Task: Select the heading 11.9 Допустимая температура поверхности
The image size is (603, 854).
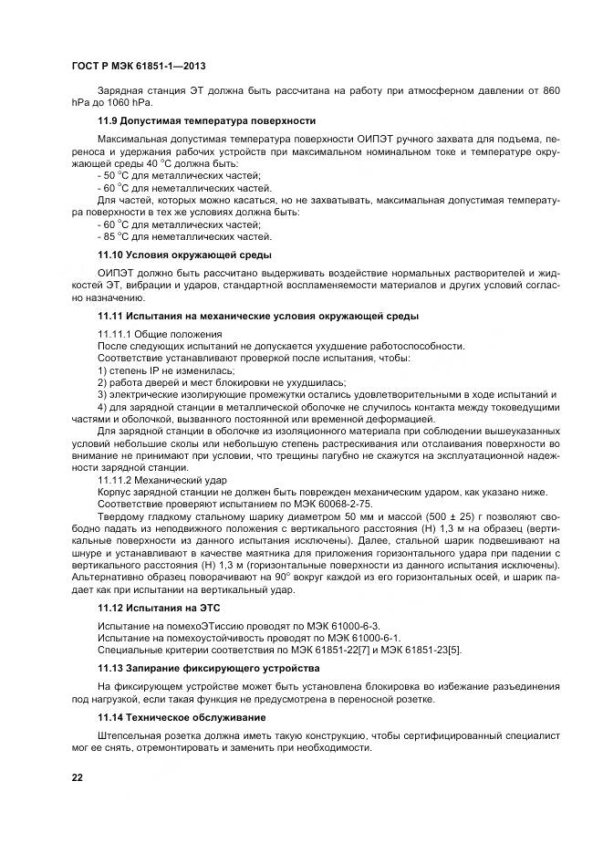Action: [x=206, y=120]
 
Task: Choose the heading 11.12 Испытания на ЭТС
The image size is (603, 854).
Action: [x=159, y=607]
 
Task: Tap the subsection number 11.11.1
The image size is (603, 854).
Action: [x=115, y=335]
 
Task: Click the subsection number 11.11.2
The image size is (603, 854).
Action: [x=115, y=478]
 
